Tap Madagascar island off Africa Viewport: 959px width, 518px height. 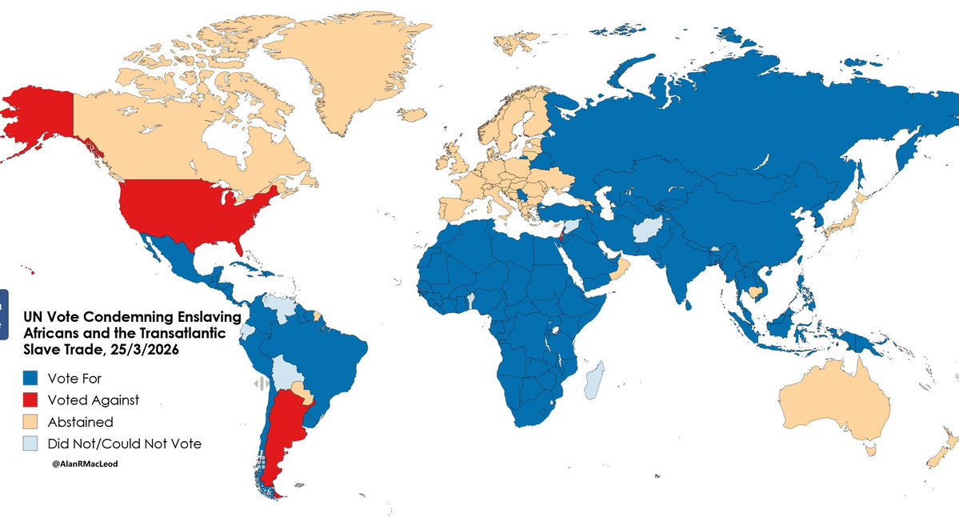click(593, 379)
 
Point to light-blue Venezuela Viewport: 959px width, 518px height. click(276, 306)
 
